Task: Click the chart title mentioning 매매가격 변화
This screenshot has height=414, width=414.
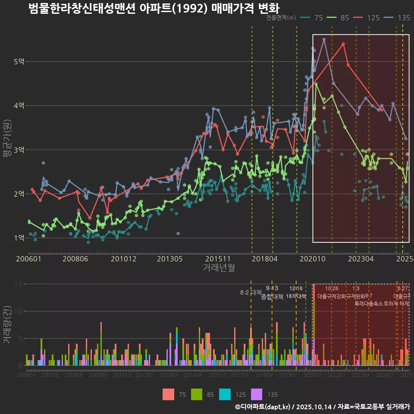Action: (154, 9)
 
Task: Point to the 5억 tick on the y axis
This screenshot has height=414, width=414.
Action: (19, 62)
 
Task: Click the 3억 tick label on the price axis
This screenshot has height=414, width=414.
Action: (19, 150)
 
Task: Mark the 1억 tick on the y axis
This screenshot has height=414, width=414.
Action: (19, 238)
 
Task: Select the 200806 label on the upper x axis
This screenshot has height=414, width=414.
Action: (75, 259)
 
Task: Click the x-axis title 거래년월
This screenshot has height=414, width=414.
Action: (219, 268)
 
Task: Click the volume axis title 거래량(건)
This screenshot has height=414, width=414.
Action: (7, 325)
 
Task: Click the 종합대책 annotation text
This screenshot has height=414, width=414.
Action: (272, 297)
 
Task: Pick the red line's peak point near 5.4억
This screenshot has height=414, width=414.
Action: (343, 44)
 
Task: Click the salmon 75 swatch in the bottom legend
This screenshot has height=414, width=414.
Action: (169, 394)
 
